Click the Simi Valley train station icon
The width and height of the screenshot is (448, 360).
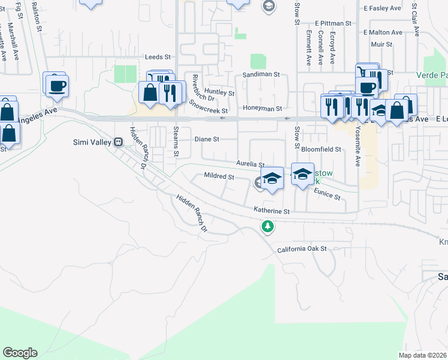point(119,142)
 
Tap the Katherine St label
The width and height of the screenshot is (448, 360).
point(271,211)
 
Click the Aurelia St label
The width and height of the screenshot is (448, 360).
point(250,164)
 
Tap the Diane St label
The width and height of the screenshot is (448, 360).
point(207,139)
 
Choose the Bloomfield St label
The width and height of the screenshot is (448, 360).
point(321,149)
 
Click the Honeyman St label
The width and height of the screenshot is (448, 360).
point(262,109)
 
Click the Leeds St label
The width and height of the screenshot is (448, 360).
point(158,57)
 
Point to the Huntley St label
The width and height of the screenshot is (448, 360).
point(222,92)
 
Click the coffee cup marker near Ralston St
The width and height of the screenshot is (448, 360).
point(57,85)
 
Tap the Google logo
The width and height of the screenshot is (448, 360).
point(20,353)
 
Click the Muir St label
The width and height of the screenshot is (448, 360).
point(381,44)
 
